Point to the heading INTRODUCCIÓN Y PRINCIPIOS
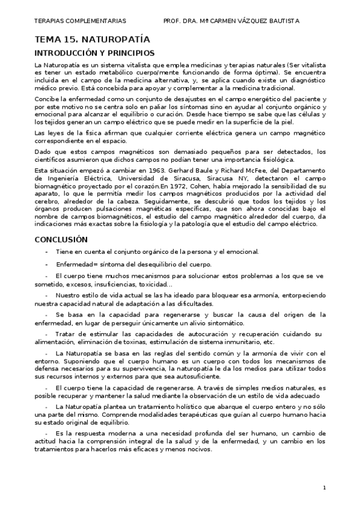pos(94,53)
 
